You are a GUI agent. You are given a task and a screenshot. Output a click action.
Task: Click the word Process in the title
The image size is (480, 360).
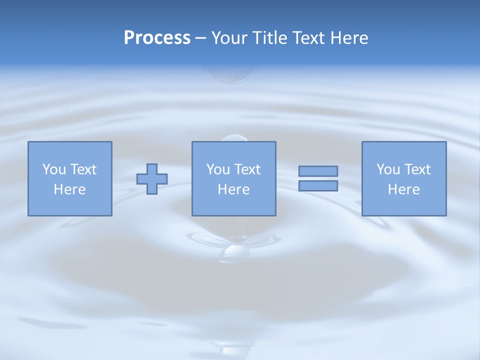[157, 38]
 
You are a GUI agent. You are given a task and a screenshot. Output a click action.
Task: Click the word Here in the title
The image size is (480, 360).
[350, 38]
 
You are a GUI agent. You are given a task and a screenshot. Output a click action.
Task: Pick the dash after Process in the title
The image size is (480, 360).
[201, 38]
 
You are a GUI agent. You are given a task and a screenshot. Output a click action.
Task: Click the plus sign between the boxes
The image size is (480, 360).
[152, 179]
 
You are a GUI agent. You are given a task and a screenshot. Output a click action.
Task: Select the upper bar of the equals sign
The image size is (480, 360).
[318, 171]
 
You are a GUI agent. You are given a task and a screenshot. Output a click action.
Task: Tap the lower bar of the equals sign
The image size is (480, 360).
[318, 186]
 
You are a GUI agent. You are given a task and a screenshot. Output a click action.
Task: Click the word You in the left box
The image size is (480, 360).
[54, 169]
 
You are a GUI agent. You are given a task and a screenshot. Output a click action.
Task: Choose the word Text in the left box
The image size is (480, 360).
[83, 169]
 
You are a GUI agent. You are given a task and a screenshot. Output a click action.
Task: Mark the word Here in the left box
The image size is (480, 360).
[69, 189]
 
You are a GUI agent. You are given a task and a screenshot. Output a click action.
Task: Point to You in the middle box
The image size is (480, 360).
[218, 169]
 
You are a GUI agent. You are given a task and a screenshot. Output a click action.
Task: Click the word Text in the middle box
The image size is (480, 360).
[247, 169]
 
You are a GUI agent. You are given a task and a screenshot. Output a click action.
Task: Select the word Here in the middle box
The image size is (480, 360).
[233, 189]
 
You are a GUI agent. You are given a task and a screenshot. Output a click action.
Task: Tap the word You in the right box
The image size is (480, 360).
[388, 169]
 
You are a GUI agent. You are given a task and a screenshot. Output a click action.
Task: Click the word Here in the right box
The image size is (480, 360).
[403, 189]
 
